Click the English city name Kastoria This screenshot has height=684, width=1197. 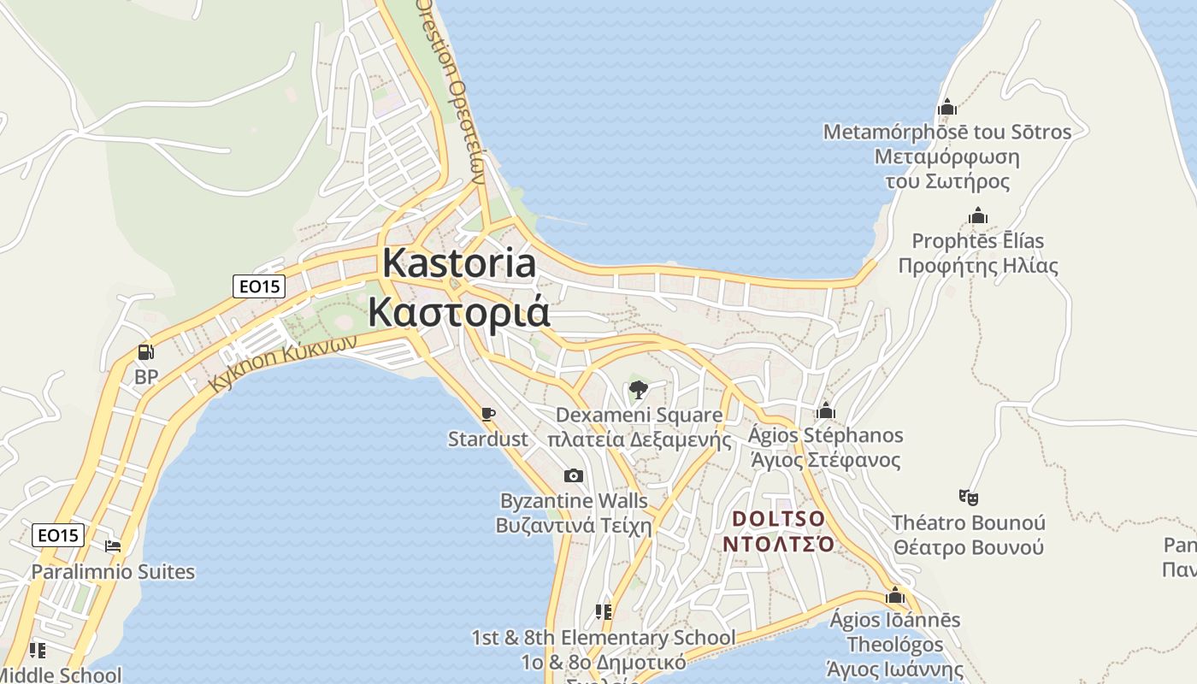click(x=459, y=262)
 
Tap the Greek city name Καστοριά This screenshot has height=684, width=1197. click(x=459, y=312)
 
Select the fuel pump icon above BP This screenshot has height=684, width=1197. click(x=146, y=352)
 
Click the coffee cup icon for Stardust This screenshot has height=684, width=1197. click(x=488, y=415)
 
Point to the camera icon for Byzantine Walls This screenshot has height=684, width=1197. click(x=574, y=476)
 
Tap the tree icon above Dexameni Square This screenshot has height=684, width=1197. click(x=638, y=391)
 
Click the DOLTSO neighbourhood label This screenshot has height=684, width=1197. click(x=778, y=519)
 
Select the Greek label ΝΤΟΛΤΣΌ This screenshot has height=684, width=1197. click(x=778, y=544)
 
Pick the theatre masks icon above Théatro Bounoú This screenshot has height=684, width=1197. click(x=968, y=497)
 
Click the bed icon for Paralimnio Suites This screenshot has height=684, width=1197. click(x=113, y=546)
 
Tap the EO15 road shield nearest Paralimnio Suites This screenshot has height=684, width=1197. click(x=59, y=536)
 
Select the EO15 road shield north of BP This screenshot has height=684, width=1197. click(x=259, y=286)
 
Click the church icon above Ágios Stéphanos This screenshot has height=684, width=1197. click(x=825, y=411)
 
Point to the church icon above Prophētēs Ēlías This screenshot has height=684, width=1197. click(x=978, y=216)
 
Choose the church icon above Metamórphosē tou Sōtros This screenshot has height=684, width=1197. click(x=946, y=108)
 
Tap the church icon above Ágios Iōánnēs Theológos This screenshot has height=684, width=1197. click(x=895, y=595)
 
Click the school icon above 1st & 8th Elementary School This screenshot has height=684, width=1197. click(x=604, y=612)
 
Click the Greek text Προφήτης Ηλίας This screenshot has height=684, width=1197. click(x=978, y=266)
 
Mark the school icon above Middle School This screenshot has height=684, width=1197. click(x=37, y=651)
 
